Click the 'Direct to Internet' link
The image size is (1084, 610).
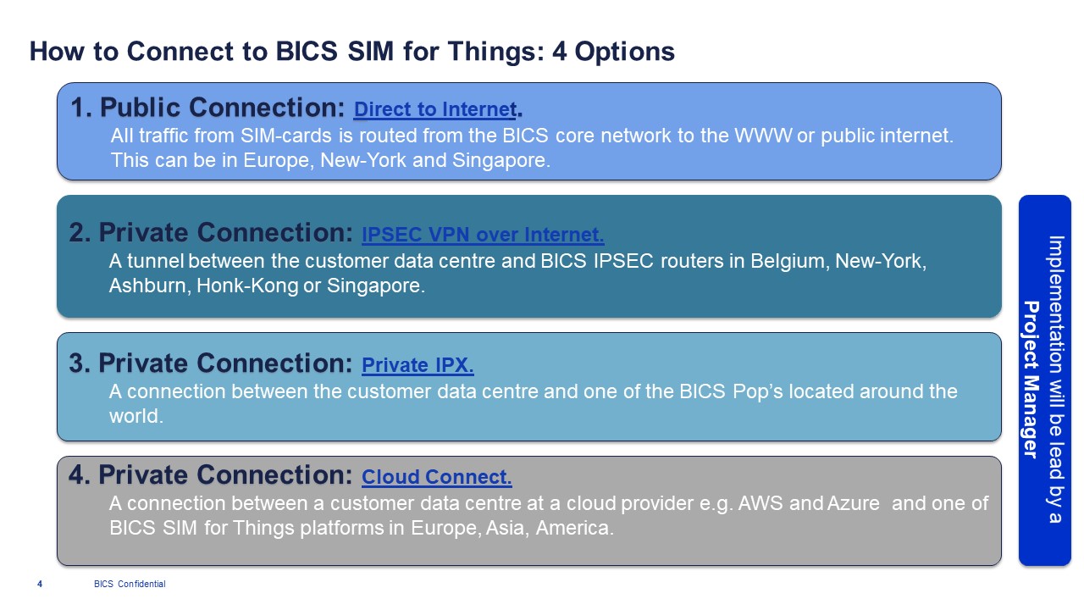[435, 109]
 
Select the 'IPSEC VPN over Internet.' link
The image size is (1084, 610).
[483, 235]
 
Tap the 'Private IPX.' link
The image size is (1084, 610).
[418, 365]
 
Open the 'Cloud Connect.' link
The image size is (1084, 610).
[436, 477]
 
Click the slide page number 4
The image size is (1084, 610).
[40, 584]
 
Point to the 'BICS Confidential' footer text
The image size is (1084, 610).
[130, 584]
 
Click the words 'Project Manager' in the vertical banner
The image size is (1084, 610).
[1031, 380]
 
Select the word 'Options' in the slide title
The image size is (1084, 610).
[624, 52]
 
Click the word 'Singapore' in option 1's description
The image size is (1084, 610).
[501, 160]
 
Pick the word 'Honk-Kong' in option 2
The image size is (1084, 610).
[246, 286]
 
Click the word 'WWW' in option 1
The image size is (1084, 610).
[763, 136]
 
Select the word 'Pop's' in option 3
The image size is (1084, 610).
[757, 391]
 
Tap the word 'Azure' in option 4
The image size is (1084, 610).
[853, 503]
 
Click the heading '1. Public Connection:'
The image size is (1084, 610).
[207, 107]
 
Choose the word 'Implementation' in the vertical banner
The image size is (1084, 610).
[1056, 304]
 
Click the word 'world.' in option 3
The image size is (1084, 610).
[136, 416]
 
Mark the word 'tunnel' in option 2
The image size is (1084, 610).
[155, 262]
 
